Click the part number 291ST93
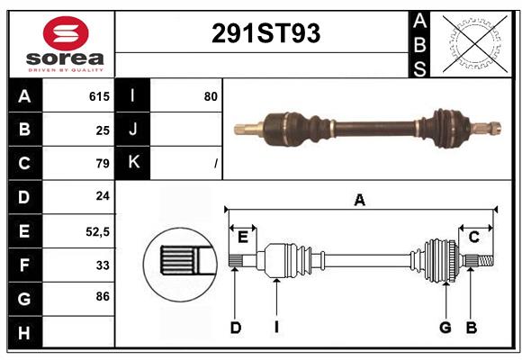(265, 34)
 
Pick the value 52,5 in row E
(97, 231)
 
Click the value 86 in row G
(102, 295)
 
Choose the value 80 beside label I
(211, 96)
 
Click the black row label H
(23, 333)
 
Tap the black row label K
(132, 163)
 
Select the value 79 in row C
(102, 164)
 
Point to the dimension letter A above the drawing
(360, 201)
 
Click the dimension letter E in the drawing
(242, 237)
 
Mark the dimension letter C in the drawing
(473, 237)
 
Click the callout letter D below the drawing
(235, 328)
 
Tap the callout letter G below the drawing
(445, 328)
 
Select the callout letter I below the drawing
(275, 328)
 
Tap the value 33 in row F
(102, 265)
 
